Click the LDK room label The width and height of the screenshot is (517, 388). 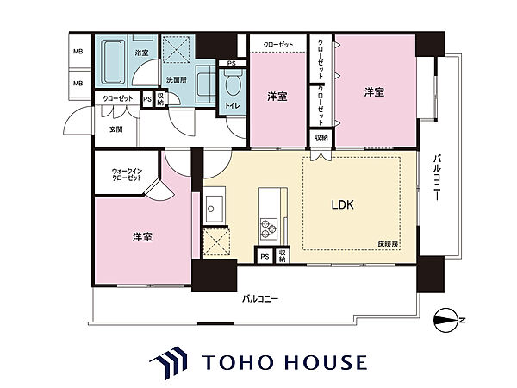coord(343,205)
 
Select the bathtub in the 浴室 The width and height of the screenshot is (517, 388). coord(112,62)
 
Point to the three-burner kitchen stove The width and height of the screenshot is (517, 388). coord(268,229)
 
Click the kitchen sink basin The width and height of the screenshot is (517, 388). coord(215,210)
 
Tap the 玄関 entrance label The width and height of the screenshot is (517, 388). coord(116,129)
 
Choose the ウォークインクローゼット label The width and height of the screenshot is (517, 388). coord(127,174)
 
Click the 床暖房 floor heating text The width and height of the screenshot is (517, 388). coord(388,245)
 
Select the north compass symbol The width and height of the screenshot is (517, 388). coord(445,320)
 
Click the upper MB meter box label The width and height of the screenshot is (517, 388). coord(78,52)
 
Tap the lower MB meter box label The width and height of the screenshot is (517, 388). coord(78,84)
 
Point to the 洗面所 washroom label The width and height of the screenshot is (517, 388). coord(176,80)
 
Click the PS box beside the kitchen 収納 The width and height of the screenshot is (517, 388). coord(265,256)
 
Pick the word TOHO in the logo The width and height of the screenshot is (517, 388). coord(236,362)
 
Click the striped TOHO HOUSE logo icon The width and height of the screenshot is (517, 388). coord(168,362)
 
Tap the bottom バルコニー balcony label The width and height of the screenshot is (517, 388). coord(260,299)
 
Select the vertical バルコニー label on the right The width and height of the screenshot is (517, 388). coord(438,177)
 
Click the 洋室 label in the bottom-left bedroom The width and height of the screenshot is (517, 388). coord(142,237)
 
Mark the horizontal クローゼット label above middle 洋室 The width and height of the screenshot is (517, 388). coord(278,45)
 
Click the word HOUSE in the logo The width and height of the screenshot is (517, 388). coord(326,362)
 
